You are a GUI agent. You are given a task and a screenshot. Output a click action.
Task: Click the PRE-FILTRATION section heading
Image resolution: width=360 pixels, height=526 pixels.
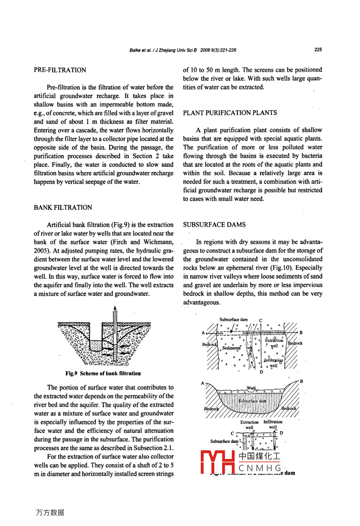(x=60, y=70)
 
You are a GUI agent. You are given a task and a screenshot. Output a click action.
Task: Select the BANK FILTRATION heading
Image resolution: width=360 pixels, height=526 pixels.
(x=63, y=208)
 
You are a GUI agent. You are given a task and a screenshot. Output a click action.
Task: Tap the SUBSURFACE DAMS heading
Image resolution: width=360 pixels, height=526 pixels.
(x=214, y=225)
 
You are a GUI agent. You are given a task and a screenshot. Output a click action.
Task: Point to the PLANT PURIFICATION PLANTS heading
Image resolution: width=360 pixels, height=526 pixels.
(x=230, y=113)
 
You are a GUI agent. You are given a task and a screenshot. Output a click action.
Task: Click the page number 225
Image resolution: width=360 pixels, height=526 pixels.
(x=318, y=50)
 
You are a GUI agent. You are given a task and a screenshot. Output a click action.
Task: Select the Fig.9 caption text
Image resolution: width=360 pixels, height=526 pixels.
(x=103, y=373)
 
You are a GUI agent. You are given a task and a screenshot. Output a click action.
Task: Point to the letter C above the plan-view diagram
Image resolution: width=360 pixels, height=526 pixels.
(x=260, y=320)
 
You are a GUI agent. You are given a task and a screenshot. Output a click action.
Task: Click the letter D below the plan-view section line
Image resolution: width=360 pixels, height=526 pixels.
(x=261, y=372)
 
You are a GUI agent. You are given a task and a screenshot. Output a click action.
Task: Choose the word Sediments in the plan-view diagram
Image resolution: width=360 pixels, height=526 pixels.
(x=231, y=348)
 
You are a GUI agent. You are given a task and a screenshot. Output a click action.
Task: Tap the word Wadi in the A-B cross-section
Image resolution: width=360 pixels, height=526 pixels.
(x=252, y=388)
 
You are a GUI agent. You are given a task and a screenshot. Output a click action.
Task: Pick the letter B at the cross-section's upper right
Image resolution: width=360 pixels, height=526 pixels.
(x=301, y=381)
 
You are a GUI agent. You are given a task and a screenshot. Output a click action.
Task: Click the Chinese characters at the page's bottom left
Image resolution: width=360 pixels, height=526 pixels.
(x=50, y=513)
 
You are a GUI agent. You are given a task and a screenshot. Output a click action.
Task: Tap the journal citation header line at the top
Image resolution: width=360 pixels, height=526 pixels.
(x=183, y=50)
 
